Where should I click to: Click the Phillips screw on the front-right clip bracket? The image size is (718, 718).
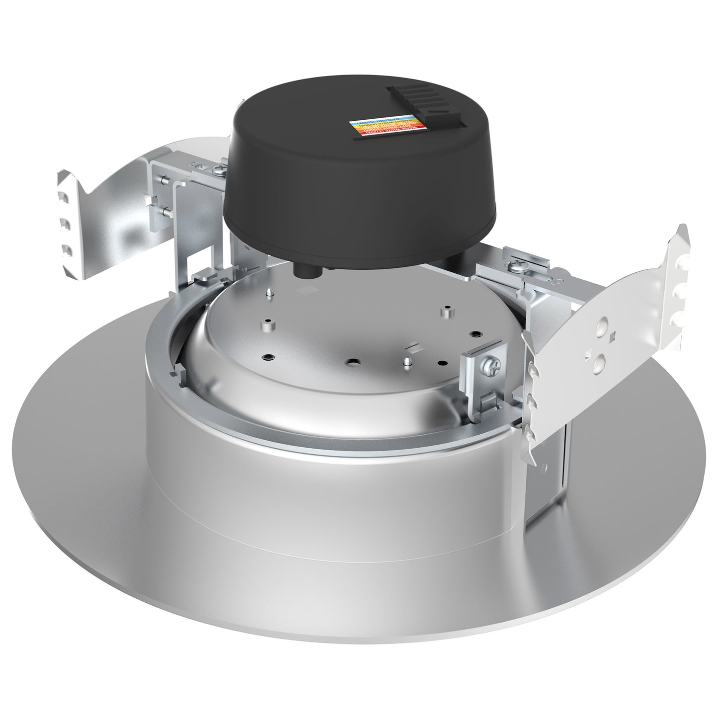tap(489, 369)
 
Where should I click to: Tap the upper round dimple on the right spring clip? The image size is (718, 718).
tap(602, 326)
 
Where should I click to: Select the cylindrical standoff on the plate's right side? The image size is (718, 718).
tap(448, 312)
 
